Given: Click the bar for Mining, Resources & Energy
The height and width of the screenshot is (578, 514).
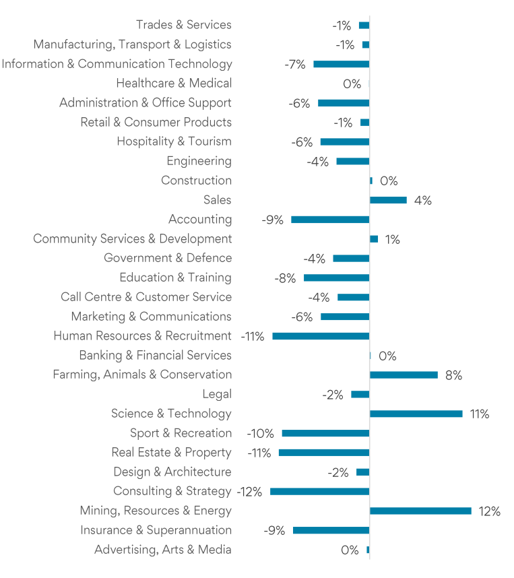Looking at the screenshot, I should click(x=420, y=511).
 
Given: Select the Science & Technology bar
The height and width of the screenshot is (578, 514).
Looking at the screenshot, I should click(x=416, y=414).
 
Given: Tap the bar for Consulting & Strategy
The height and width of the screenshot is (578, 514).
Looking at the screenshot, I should click(x=319, y=492).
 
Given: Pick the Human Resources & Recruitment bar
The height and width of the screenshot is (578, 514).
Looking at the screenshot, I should click(x=321, y=336).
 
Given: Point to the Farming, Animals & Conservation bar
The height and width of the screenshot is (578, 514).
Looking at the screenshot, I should click(x=404, y=375).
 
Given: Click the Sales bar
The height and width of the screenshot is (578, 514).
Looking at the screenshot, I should click(x=388, y=200).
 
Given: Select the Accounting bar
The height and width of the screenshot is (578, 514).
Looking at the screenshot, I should click(x=330, y=220).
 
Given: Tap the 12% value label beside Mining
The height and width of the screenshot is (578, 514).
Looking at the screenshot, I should click(x=489, y=511).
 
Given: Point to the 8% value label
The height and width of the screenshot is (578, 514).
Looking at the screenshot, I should click(x=453, y=375).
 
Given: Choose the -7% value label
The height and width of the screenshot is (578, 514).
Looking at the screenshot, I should click(x=295, y=65).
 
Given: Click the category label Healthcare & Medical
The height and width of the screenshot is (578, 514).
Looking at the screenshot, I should click(x=174, y=84).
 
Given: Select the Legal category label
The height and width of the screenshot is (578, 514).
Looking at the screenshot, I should click(x=216, y=394).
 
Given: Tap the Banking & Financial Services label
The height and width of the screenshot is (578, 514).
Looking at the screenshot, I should click(x=155, y=355).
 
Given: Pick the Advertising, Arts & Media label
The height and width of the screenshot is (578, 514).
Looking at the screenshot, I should click(x=162, y=550).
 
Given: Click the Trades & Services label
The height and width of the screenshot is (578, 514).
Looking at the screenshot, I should click(x=183, y=25).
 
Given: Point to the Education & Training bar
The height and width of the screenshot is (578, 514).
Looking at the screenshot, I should click(x=336, y=278).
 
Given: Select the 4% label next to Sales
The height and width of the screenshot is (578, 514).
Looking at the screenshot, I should click(x=423, y=200).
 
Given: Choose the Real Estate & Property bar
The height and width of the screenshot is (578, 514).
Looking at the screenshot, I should click(x=324, y=453).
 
